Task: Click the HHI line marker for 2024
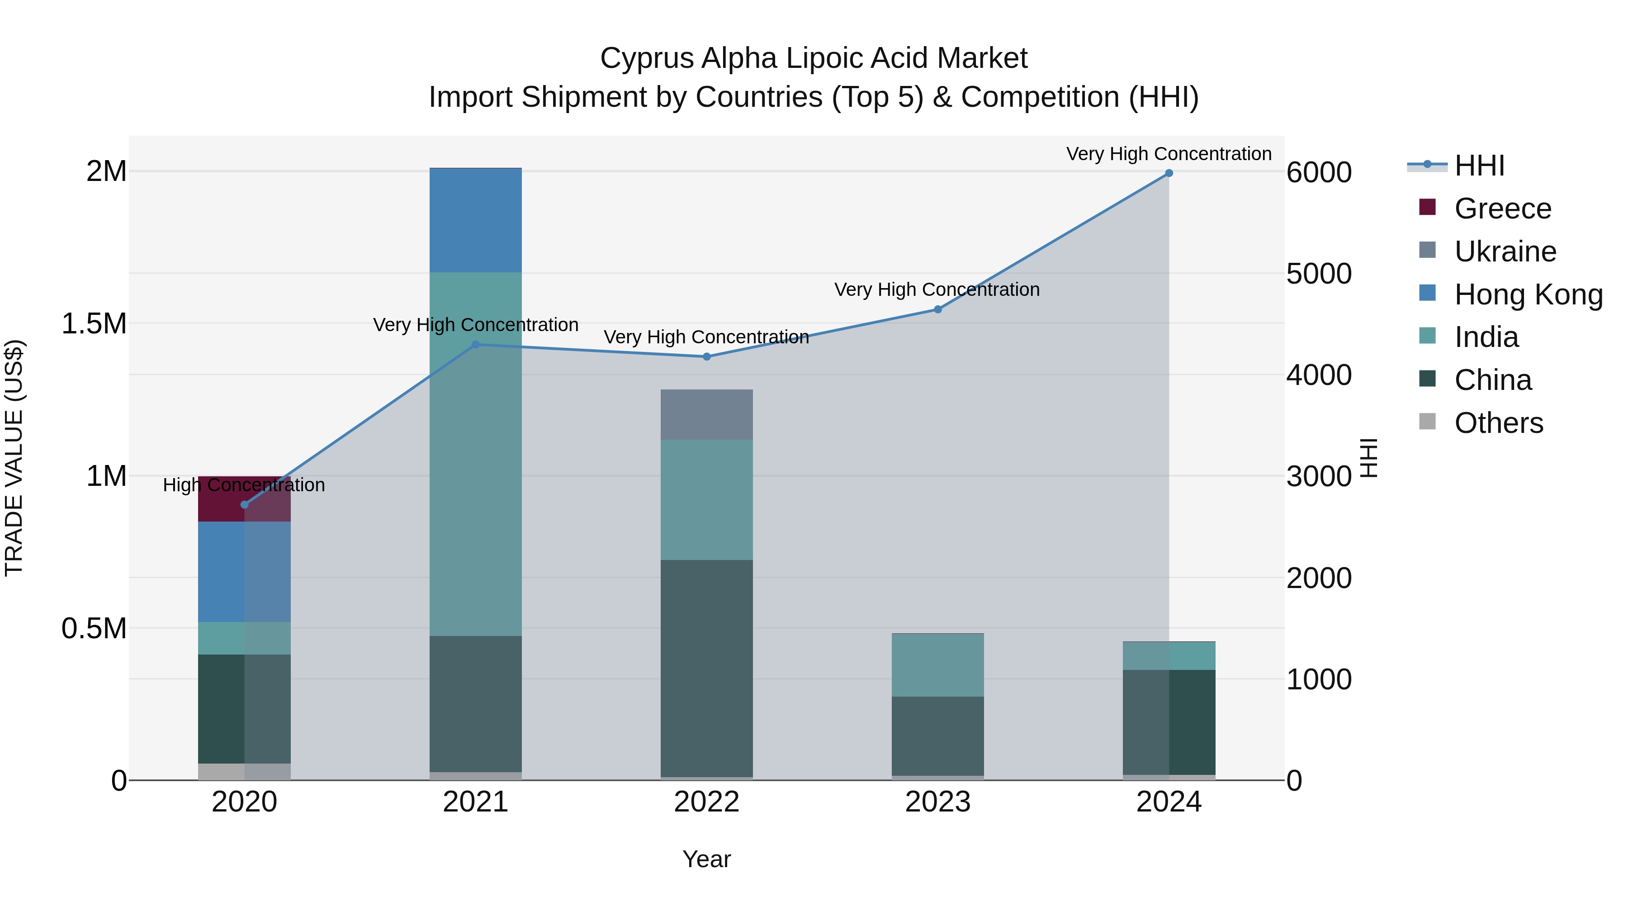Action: point(1169,173)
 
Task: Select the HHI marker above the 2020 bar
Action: point(245,504)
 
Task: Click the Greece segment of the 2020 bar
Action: point(221,499)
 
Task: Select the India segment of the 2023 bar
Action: point(937,664)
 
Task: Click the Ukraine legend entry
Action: point(1504,252)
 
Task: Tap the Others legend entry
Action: point(1498,423)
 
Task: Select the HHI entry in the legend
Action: point(1479,166)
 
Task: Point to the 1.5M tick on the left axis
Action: point(94,324)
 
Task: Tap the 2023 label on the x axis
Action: point(937,802)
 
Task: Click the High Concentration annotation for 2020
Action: point(244,485)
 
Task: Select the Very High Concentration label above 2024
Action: point(1169,154)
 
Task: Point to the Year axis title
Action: point(706,859)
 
